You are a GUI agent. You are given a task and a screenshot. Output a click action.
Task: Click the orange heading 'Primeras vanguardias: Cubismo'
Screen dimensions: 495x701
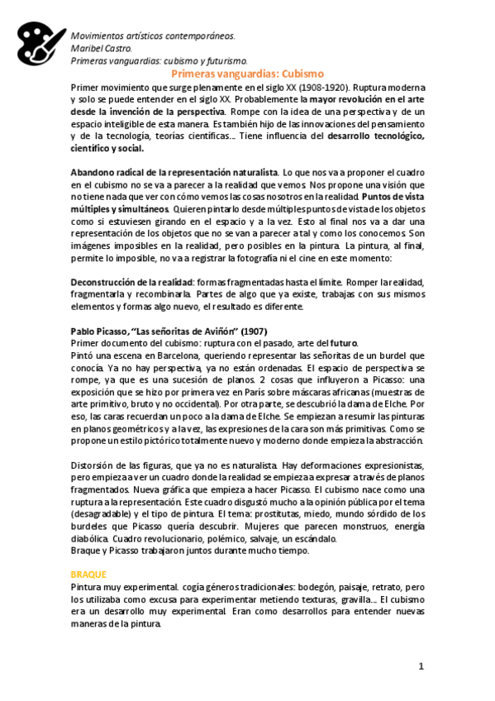tap(247, 74)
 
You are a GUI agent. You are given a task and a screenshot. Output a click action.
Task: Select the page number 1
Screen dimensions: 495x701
tap(421, 665)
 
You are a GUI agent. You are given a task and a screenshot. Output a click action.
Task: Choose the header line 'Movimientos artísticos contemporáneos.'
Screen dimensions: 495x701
tap(153, 36)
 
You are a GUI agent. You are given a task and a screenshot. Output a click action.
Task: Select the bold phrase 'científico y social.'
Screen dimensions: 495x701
tap(107, 148)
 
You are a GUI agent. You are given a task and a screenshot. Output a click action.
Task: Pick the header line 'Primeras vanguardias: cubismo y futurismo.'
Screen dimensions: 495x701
tap(159, 60)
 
